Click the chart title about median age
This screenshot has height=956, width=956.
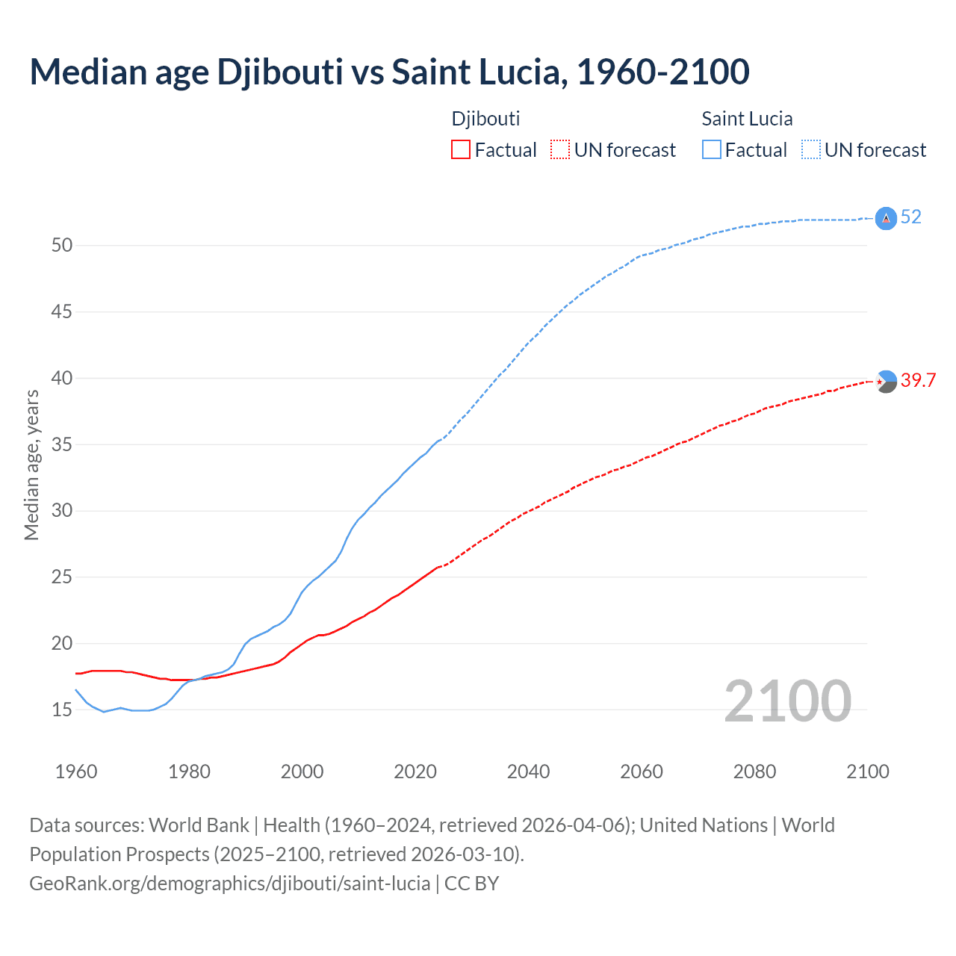(389, 72)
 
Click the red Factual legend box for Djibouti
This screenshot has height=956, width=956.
(461, 150)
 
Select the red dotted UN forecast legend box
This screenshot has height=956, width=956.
(560, 150)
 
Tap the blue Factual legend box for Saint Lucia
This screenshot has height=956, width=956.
(712, 150)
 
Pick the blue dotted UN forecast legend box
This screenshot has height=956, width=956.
(811, 150)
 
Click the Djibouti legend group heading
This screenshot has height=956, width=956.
(485, 119)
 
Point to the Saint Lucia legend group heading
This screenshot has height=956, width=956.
(747, 119)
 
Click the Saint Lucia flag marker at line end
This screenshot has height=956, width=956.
(886, 218)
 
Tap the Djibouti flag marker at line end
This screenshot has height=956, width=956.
(886, 382)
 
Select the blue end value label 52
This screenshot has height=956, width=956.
(911, 217)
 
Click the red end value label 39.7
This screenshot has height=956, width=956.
(918, 381)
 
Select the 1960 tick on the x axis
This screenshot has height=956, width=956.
(76, 772)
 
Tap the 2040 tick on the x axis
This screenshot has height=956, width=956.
(528, 772)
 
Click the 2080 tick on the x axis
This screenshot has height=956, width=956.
(754, 772)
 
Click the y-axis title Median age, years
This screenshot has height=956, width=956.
(31, 465)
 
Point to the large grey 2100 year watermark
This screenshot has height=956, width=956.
(787, 701)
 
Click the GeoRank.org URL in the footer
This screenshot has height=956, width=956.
(229, 884)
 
